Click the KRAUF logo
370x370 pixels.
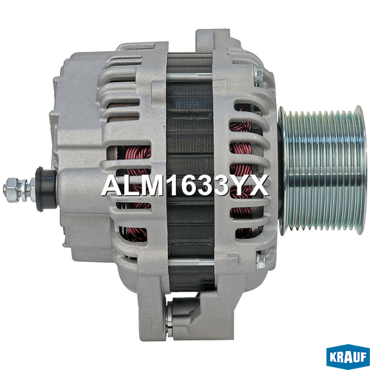pos(348,357)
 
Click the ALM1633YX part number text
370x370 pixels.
pos(185,186)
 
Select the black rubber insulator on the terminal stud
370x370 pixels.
pos(46,189)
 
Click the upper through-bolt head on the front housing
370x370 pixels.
pos(259,76)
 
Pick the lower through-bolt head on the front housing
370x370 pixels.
pos(260,260)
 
